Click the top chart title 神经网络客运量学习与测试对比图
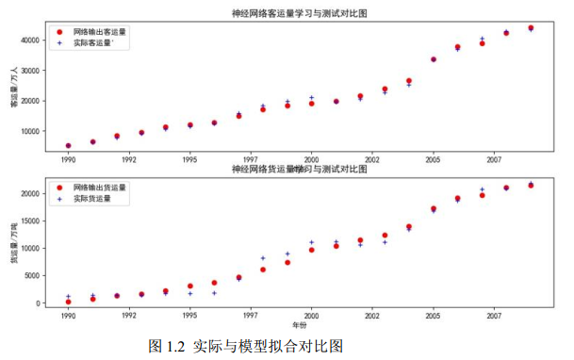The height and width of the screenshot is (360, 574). pyautogui.click(x=299, y=14)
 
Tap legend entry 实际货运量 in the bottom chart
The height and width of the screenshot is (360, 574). pyautogui.click(x=93, y=199)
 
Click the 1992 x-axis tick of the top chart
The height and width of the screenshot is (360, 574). pyautogui.click(x=129, y=160)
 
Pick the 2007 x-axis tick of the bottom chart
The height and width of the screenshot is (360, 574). pyautogui.click(x=494, y=317)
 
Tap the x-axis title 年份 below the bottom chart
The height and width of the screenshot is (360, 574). pyautogui.click(x=299, y=326)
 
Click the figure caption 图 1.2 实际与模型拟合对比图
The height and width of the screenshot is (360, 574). pyautogui.click(x=245, y=346)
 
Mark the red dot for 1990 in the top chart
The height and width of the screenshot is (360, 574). pyautogui.click(x=68, y=146)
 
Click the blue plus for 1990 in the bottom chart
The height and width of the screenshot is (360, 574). pyautogui.click(x=68, y=296)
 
